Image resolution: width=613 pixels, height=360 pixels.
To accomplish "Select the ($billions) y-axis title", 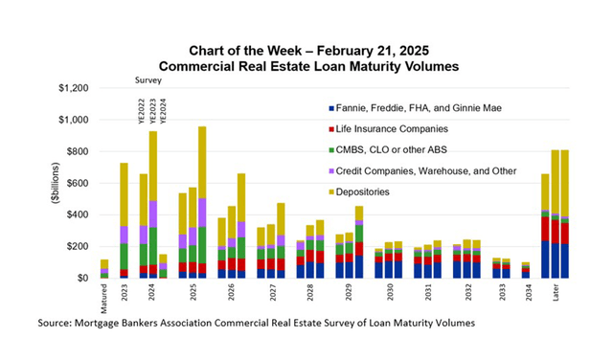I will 58,183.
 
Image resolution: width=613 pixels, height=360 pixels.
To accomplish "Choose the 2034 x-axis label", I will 525,291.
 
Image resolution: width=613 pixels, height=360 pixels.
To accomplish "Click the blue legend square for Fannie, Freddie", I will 329,108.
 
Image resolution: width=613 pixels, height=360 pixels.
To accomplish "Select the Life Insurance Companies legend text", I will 397,129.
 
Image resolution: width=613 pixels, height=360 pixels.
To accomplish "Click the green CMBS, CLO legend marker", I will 329,150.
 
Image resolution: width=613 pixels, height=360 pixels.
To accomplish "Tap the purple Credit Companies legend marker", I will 329,171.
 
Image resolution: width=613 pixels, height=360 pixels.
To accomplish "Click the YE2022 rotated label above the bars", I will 142,111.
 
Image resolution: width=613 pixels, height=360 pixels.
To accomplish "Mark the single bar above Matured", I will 104,269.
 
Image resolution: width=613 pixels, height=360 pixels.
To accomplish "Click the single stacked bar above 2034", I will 525,270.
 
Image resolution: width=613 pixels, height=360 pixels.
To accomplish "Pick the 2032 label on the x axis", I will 468,291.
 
